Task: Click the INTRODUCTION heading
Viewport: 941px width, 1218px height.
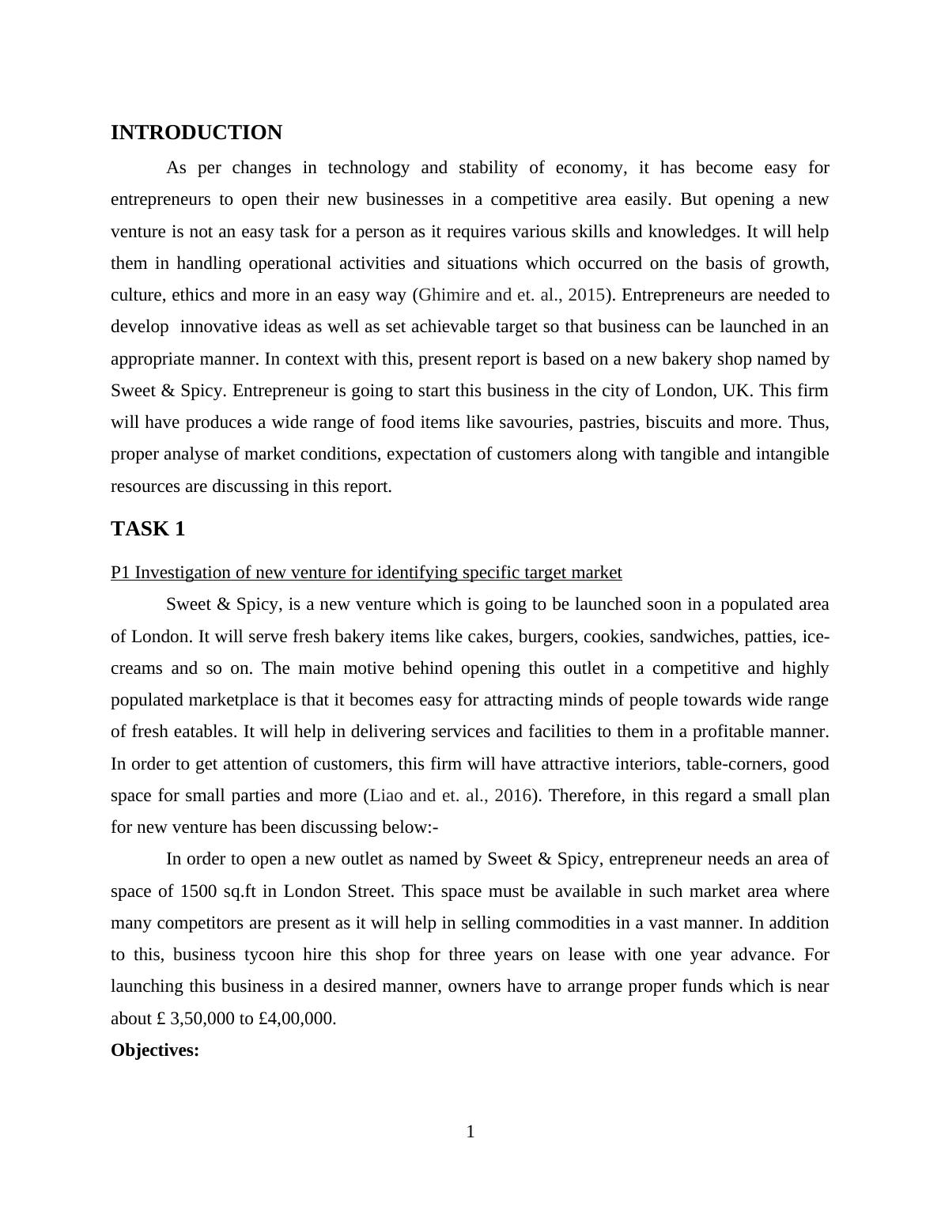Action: (x=196, y=133)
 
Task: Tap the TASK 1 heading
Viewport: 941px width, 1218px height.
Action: (x=148, y=529)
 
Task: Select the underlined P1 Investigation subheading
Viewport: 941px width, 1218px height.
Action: (x=366, y=573)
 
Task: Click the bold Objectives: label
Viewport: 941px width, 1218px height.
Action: (x=155, y=1050)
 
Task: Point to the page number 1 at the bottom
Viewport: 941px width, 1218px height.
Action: (x=470, y=1133)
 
